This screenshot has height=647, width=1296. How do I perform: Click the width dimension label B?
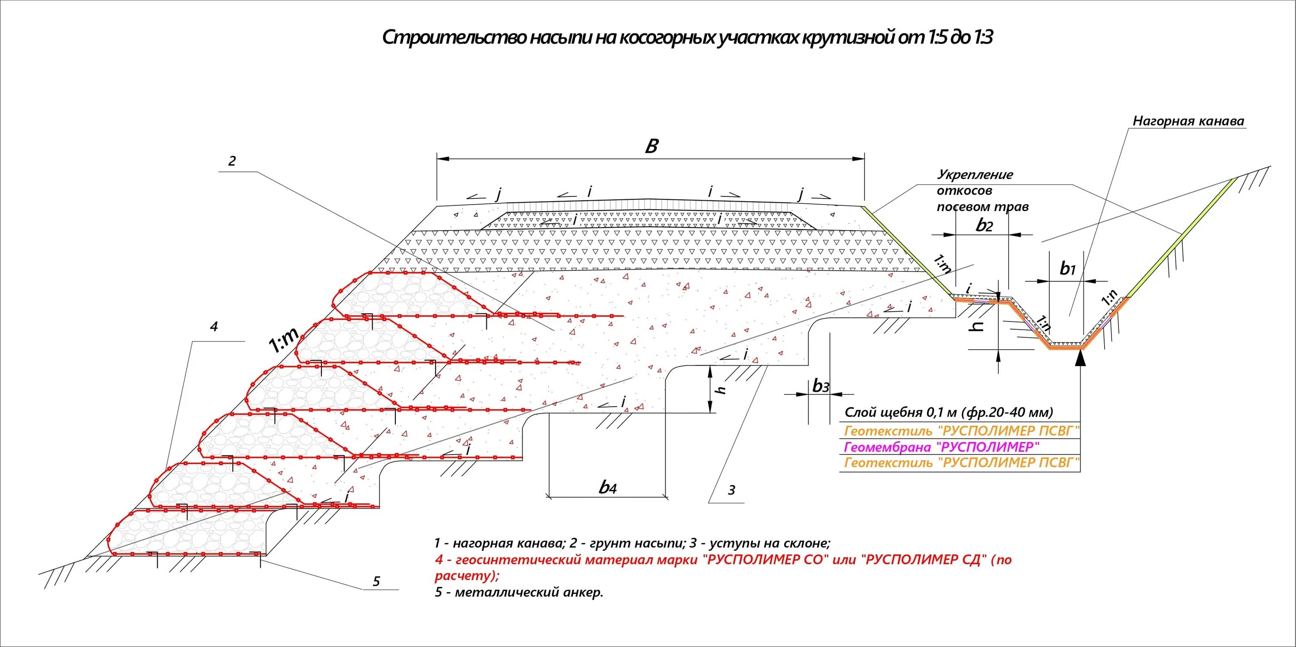[651, 146]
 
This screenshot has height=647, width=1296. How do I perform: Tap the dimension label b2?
[984, 225]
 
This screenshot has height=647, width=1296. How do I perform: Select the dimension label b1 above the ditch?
[1067, 269]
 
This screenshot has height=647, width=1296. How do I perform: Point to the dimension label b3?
[820, 386]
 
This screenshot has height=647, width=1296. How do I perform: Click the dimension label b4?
[608, 486]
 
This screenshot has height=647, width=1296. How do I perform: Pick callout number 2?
[232, 161]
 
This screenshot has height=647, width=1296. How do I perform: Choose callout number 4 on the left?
[214, 327]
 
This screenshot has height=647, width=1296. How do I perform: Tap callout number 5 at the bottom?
[376, 582]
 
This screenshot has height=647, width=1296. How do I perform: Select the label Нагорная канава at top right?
[1188, 121]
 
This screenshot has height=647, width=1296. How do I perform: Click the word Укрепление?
[975, 175]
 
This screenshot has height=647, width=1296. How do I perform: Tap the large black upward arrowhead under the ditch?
[1081, 357]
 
